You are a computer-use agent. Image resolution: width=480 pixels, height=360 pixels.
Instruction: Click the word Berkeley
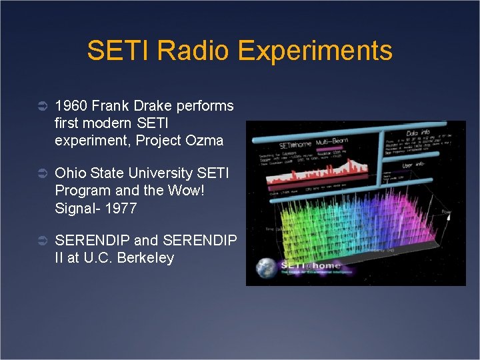pyautogui.click(x=145, y=257)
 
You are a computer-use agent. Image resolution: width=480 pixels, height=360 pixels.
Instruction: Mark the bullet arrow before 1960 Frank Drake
pyautogui.click(x=40, y=106)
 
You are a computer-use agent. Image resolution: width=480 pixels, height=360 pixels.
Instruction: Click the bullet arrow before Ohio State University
pyautogui.click(x=40, y=173)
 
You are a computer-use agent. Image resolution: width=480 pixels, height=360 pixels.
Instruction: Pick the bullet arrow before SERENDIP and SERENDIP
pyautogui.click(x=40, y=240)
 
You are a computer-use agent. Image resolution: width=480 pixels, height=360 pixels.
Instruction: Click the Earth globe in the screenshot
pyautogui.click(x=269, y=269)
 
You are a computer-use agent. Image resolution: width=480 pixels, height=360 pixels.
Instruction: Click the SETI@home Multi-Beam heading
pyautogui.click(x=311, y=145)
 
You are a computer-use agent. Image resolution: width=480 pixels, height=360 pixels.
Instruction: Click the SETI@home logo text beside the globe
pyautogui.click(x=308, y=265)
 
